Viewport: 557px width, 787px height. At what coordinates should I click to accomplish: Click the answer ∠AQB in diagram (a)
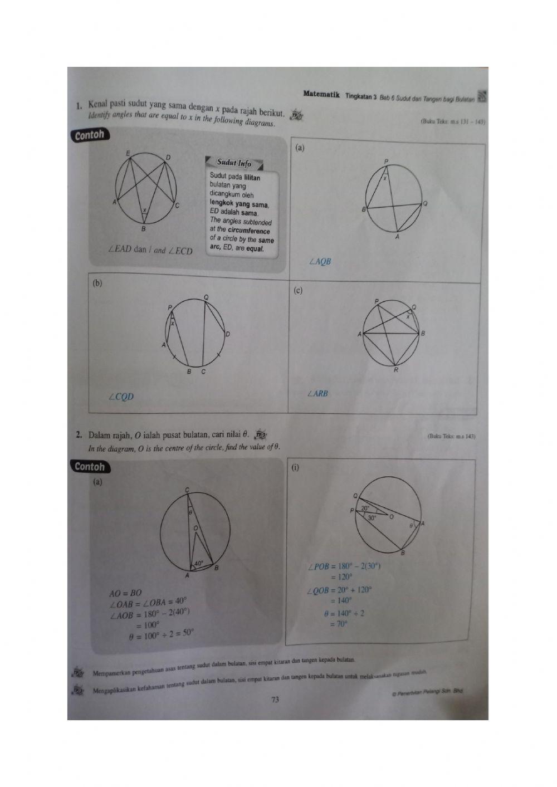pos(320,261)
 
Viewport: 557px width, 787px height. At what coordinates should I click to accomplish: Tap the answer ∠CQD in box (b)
pos(121,397)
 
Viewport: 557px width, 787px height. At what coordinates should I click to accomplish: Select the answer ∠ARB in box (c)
pos(317,394)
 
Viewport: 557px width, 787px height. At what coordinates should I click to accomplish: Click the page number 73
pos(275,700)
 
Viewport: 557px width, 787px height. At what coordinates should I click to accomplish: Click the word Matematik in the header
pos(321,94)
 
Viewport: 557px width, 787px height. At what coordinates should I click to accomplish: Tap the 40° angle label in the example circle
pos(198,563)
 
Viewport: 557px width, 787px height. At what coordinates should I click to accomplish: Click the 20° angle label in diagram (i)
pos(365,508)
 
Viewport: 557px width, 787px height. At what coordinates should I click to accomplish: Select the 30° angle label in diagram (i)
pos(371,517)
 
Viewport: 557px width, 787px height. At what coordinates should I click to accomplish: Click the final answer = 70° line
pos(339,624)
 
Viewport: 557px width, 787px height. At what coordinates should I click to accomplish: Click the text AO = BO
pos(126,593)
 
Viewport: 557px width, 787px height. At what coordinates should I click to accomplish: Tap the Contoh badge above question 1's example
pos(89,135)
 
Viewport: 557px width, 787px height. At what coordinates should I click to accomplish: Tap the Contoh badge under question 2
pos(89,467)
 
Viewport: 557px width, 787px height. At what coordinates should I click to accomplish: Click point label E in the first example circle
pos(128,153)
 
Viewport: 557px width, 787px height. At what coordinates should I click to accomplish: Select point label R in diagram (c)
pos(396,370)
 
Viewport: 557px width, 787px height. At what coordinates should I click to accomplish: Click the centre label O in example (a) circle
pos(195,527)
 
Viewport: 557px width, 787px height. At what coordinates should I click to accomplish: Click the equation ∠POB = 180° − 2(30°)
pos(344,567)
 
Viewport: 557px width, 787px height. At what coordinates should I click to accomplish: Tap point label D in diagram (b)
pos(227,334)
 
